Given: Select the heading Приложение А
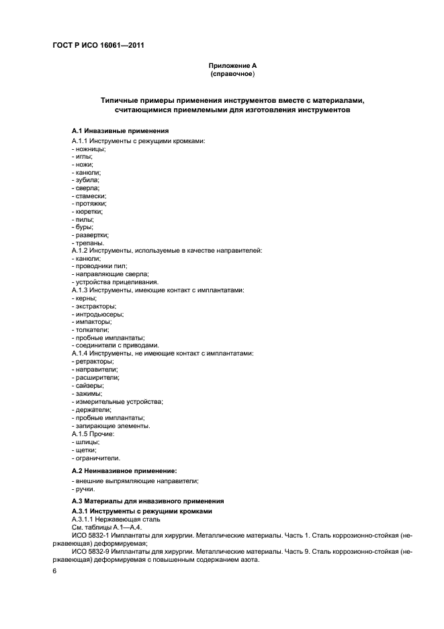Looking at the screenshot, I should click(x=232, y=65).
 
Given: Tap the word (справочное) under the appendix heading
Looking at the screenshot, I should click(x=232, y=74).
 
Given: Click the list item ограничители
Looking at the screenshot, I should click(x=96, y=457).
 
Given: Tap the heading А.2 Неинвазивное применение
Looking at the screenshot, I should click(x=128, y=470).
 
